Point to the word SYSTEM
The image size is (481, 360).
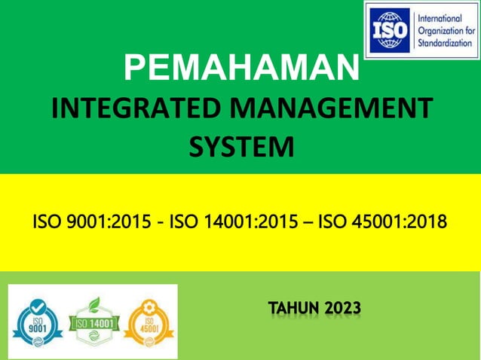[240, 146]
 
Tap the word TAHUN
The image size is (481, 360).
[294, 308]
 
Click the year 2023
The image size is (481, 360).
[343, 308]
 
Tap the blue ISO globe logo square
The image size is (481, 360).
[391, 29]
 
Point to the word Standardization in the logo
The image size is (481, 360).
[446, 43]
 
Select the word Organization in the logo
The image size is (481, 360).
[446, 30]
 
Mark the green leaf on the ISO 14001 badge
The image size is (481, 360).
[94, 304]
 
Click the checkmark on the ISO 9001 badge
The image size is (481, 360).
[36, 309]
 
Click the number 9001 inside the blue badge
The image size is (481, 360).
[35, 329]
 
